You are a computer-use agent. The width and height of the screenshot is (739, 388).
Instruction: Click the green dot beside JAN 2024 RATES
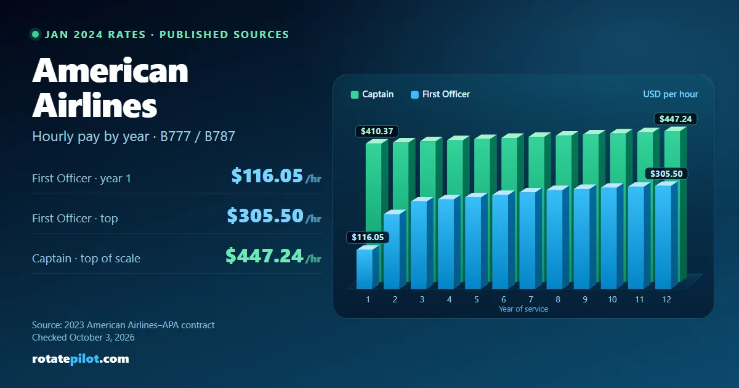[35, 34]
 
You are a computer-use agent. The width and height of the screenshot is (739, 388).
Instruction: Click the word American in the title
[110, 70]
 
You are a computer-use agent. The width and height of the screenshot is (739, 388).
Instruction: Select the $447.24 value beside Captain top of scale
[264, 256]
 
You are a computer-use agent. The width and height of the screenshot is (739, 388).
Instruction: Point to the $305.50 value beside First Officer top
[265, 216]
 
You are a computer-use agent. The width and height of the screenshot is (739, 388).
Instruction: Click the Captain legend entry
[372, 94]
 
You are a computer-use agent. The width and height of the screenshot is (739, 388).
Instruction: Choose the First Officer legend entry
[440, 94]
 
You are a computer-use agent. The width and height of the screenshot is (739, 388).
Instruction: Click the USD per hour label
[671, 94]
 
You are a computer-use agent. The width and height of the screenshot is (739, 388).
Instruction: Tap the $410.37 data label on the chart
[377, 131]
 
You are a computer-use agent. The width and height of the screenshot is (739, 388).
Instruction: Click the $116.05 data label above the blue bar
[368, 237]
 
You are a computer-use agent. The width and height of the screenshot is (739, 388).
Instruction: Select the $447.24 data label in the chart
[676, 119]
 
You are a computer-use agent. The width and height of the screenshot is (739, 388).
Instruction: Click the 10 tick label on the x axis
[612, 299]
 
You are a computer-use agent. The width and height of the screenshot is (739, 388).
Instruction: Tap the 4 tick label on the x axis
[449, 299]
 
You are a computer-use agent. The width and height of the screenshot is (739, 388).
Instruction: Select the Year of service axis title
[523, 309]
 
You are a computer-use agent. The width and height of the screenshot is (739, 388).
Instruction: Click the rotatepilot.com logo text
[81, 358]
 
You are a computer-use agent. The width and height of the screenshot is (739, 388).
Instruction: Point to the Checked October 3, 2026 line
[83, 337]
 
